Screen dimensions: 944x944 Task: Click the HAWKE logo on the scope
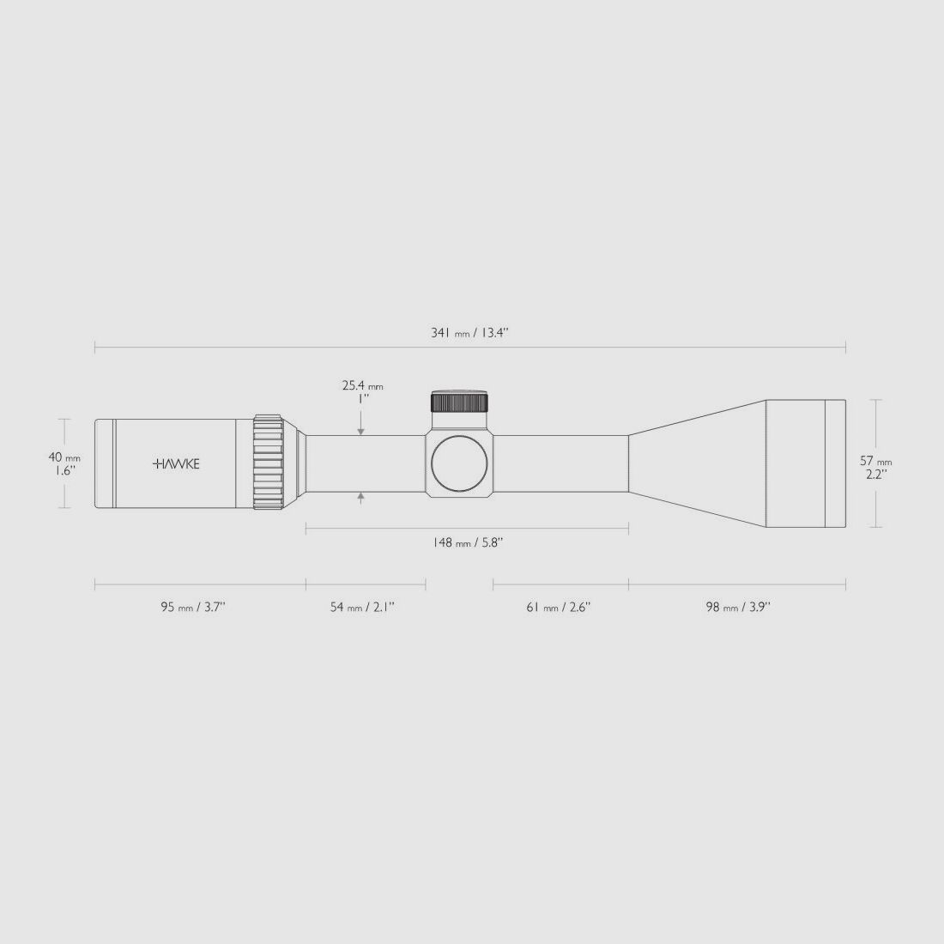pyautogui.click(x=176, y=463)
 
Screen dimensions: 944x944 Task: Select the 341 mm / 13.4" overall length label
pyautogui.click(x=469, y=333)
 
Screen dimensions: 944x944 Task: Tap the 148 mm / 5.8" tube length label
pyautogui.click(x=468, y=543)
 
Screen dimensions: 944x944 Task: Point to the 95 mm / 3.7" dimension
pyautogui.click(x=193, y=608)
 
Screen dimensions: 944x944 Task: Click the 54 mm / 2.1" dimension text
pyautogui.click(x=362, y=608)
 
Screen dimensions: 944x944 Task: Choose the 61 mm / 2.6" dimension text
pyautogui.click(x=558, y=608)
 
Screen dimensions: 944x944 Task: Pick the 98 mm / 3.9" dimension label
pyautogui.click(x=737, y=608)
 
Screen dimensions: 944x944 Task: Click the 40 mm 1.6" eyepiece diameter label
pyautogui.click(x=64, y=463)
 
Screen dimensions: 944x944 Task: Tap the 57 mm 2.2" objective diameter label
pyautogui.click(x=875, y=467)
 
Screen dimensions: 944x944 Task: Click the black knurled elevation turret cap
pyautogui.click(x=459, y=402)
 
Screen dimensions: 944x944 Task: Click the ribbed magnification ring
pyautogui.click(x=268, y=463)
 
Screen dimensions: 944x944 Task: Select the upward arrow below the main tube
pyautogui.click(x=361, y=497)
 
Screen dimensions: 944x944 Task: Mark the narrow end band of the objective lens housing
pyautogui.click(x=835, y=463)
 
